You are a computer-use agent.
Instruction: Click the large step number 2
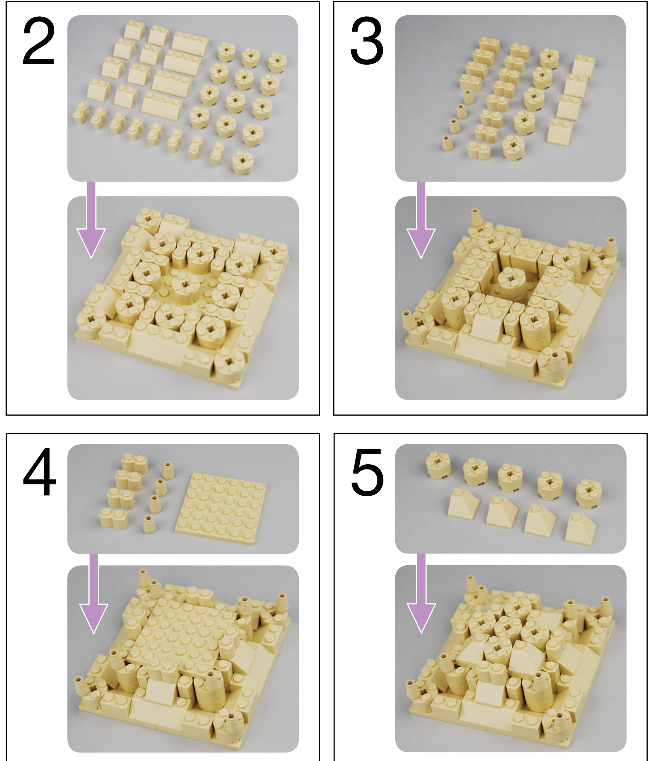pyautogui.click(x=39, y=43)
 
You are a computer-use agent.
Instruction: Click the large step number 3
pyautogui.click(x=367, y=43)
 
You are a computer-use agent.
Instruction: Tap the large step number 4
pyautogui.click(x=39, y=472)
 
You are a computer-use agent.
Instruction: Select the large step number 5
pyautogui.click(x=367, y=473)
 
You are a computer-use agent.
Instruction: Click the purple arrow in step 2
pyautogui.click(x=91, y=219)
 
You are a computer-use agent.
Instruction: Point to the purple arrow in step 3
pyautogui.click(x=421, y=219)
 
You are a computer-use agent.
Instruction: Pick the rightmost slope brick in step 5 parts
pyautogui.click(x=580, y=527)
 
